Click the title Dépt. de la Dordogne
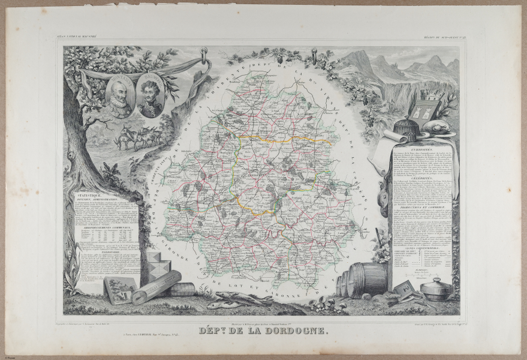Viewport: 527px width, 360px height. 263,331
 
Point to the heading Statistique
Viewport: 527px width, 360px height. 87,196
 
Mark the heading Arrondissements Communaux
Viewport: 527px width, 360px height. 107,226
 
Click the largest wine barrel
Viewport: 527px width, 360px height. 367,280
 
